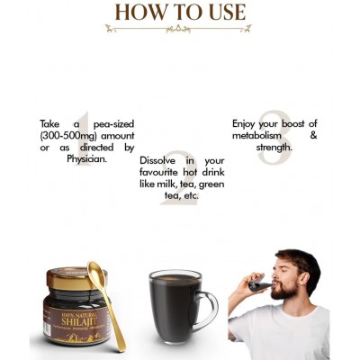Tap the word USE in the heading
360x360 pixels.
[221, 12]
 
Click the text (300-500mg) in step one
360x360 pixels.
[71, 135]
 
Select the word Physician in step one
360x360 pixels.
[86, 158]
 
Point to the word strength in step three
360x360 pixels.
[273, 147]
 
